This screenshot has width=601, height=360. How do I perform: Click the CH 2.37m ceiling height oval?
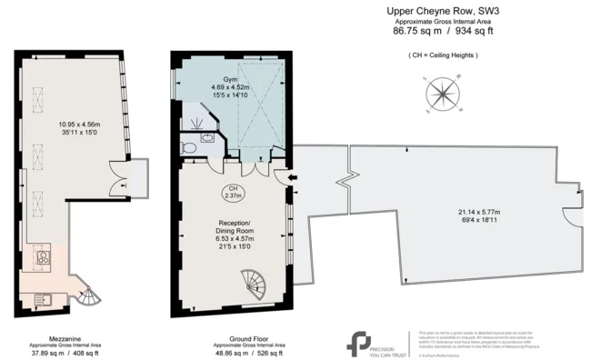pyautogui.click(x=230, y=192)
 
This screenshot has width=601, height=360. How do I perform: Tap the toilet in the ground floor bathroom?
pyautogui.click(x=188, y=146)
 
